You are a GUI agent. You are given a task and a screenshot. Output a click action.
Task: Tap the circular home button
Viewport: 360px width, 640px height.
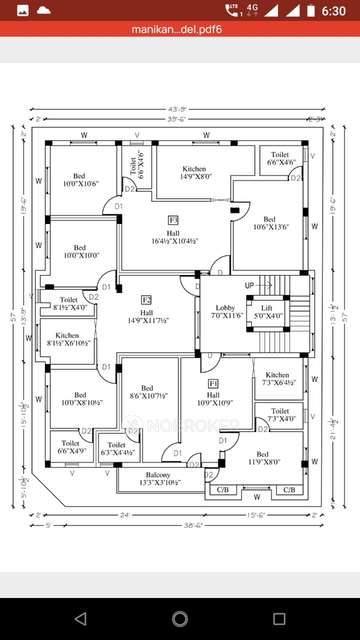[x=180, y=618]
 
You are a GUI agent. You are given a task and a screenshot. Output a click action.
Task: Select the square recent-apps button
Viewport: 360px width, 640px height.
[x=279, y=618]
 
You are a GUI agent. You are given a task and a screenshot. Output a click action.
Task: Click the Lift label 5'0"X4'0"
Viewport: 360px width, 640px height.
[x=266, y=312]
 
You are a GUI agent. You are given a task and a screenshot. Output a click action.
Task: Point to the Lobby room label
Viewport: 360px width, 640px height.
[x=222, y=311]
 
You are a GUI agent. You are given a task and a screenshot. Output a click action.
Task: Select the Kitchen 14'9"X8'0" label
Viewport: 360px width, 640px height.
[x=194, y=173]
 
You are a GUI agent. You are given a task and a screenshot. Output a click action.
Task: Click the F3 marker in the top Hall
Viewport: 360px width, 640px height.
[x=173, y=219]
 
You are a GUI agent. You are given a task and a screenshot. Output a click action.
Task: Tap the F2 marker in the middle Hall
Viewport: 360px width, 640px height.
[x=146, y=300]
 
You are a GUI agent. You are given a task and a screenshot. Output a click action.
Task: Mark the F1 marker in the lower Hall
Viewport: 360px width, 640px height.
[x=213, y=384]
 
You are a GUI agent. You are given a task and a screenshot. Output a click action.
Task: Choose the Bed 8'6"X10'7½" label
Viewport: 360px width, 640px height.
[x=146, y=392]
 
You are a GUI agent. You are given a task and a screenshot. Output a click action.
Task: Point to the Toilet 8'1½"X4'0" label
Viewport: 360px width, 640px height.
[x=68, y=303]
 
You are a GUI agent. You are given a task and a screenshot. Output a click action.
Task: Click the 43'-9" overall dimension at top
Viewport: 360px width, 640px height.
[x=179, y=109]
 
